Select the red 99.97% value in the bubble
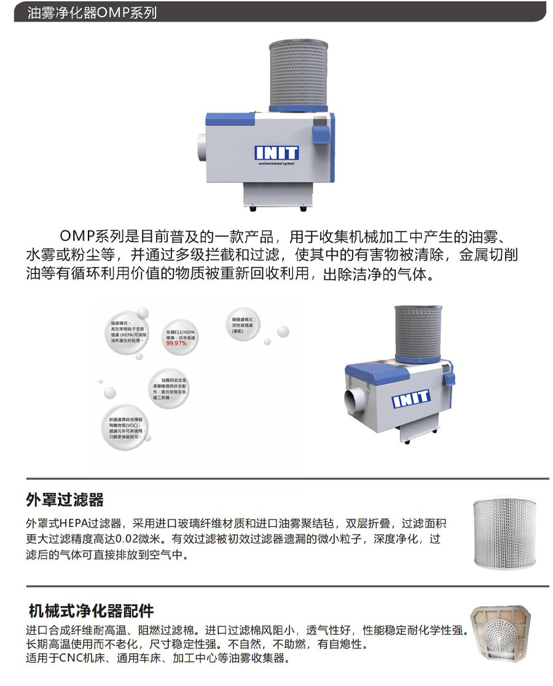[176, 343]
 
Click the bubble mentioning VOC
[125, 428]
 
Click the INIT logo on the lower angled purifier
[411, 400]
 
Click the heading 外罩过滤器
[65, 499]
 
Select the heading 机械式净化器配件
[91, 611]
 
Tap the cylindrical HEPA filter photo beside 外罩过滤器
[505, 532]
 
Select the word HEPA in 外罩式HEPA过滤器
[73, 524]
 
